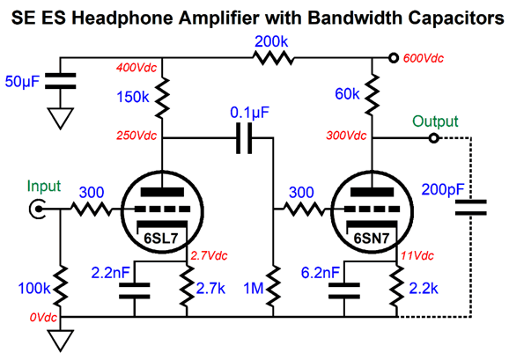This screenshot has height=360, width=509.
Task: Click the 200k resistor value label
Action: pos(271,42)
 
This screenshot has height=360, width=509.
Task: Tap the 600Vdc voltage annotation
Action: pos(423,58)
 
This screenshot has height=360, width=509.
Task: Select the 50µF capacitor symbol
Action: pos(60,81)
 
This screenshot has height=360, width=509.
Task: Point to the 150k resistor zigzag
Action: pos(162,97)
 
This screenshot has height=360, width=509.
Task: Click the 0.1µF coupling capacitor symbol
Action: pos(244,138)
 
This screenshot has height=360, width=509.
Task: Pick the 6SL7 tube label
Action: pos(161,239)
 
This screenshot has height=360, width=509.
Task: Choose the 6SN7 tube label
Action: pos(371,239)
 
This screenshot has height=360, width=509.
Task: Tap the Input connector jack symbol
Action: pos(37,209)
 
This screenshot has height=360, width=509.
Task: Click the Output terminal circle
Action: pos(433,138)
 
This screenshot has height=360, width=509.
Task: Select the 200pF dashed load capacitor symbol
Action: pos(471,208)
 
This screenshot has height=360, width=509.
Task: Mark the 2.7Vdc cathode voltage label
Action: pos(209,256)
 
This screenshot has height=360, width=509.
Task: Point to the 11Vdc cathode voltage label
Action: pos(417,256)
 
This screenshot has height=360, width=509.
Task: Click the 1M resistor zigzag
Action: pos(273,286)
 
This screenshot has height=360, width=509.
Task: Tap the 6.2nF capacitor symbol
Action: pos(344,290)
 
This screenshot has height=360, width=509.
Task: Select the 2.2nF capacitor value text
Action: pos(110,273)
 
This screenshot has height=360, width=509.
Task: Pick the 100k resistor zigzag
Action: pos(61,286)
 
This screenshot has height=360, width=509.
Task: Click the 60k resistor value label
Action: pos(347,94)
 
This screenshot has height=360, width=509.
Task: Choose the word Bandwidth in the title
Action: pos(355,18)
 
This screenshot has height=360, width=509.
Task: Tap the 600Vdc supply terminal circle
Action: pos(394,58)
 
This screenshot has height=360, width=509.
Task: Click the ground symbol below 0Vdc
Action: pos(61,341)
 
